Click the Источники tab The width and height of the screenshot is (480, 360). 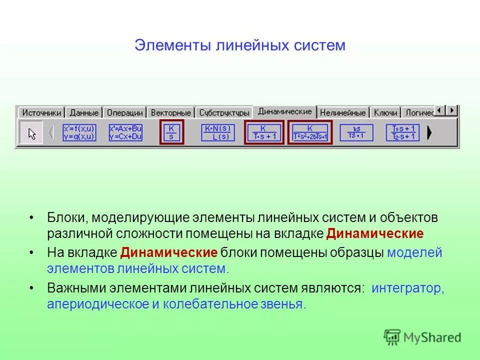[41, 112]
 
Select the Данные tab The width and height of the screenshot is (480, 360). [84, 112]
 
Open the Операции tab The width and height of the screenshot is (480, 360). [125, 112]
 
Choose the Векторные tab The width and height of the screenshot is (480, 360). [170, 112]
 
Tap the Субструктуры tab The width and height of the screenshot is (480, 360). [224, 112]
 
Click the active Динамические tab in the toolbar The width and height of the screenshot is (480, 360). [285, 111]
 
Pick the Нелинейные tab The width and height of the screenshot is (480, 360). [343, 112]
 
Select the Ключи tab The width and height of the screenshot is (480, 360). [385, 112]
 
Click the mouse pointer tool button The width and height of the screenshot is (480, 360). [31, 132]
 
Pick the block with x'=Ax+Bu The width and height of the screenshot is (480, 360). [125, 132]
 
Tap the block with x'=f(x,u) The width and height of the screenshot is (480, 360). [79, 132]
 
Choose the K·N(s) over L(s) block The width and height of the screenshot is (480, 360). [217, 132]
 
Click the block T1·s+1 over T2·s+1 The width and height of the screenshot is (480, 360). [402, 132]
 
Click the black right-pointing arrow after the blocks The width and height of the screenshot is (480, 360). [429, 132]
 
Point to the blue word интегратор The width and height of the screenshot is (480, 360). [407, 288]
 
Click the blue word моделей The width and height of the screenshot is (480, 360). [414, 252]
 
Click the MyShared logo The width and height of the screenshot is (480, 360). [422, 337]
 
